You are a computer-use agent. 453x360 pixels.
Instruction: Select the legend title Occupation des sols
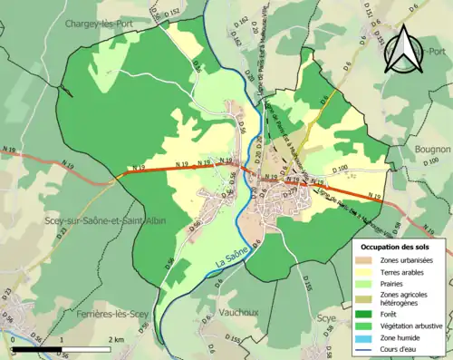pos(398,248)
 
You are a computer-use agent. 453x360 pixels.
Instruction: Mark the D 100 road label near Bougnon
pos(341,170)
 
